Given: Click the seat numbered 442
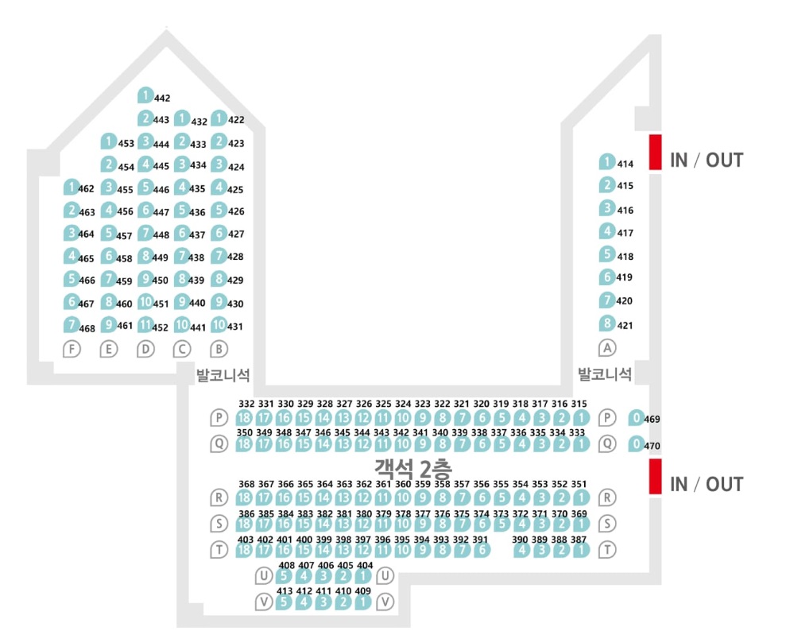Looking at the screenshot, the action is tap(145, 95).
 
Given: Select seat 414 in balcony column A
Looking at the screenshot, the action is tap(607, 161).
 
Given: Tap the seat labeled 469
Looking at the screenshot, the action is tap(637, 417).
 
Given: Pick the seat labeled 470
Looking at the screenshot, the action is tap(637, 443).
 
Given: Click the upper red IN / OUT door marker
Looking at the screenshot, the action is tap(655, 152).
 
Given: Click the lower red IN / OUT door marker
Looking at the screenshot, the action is tap(655, 476).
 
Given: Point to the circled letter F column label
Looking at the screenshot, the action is tap(72, 349).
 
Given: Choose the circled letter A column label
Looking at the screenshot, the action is tap(607, 347).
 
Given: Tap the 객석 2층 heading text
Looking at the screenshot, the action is tap(413, 468).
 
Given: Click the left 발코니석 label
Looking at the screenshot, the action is tap(223, 374).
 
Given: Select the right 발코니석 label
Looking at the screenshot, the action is tap(605, 374).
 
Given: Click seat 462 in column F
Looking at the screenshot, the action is tap(72, 188).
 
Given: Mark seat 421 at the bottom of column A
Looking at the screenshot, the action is tap(607, 323).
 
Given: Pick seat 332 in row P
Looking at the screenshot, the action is tap(244, 417).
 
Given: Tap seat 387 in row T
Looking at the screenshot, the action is tap(582, 550).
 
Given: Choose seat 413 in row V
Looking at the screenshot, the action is tap(284, 602).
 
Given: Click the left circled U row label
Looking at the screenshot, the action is tap(264, 575).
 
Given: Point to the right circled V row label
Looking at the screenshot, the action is tap(385, 602).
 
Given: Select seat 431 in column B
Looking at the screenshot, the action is tap(219, 324).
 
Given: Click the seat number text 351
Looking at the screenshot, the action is tap(579, 484).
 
